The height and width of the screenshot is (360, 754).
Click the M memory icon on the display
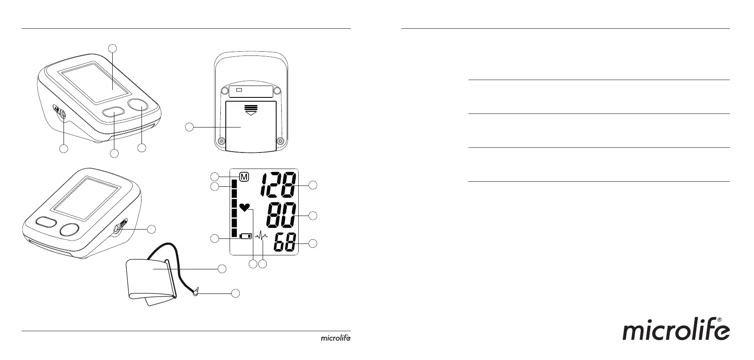coord(244,177)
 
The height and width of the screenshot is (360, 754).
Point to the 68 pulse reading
coord(285,244)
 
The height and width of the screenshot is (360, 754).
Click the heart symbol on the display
coord(244,207)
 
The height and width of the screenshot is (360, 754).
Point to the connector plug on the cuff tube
coord(196,292)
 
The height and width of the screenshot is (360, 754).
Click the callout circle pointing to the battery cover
coord(190,126)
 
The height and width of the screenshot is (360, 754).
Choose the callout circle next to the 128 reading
coord(313,185)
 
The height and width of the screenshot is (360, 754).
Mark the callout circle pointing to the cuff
coord(222,268)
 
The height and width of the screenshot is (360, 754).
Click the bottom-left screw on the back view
coord(221,141)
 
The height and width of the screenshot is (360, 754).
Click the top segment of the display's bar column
coord(234,183)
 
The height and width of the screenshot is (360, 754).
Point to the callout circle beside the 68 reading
coord(313,244)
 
